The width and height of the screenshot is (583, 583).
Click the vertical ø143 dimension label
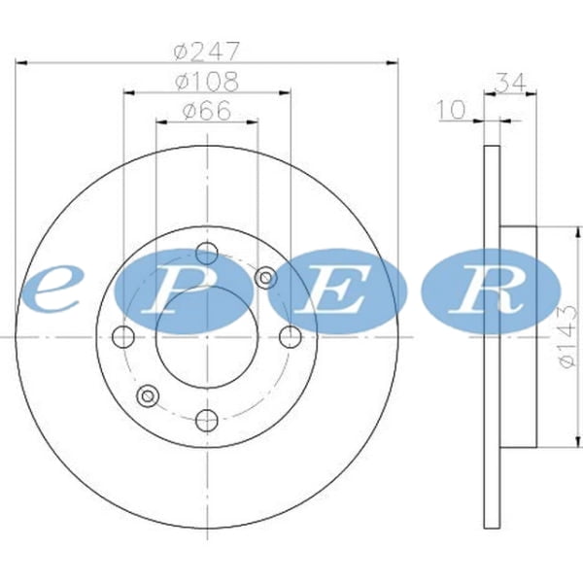click(568, 335)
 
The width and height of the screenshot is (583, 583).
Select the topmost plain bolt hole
click(206, 253)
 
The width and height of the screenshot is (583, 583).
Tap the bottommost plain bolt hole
click(206, 421)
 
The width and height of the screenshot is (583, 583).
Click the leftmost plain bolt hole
click(122, 337)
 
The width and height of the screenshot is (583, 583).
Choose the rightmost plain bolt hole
click(291, 337)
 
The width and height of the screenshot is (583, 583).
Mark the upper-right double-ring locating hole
click(265, 279)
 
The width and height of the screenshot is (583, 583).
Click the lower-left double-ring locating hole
click(148, 394)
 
